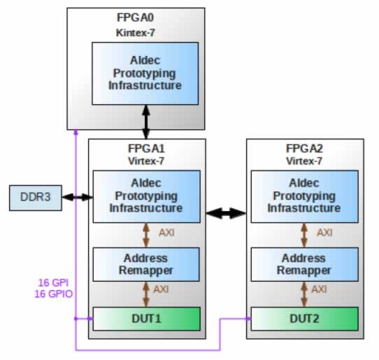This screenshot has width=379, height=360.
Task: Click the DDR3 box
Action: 36,198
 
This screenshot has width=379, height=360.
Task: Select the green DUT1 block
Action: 146,319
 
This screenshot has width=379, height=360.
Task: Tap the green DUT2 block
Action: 305,319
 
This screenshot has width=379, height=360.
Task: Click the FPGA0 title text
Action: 135,17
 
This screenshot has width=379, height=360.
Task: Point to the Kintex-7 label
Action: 136,33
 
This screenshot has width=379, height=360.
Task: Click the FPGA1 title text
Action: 146,148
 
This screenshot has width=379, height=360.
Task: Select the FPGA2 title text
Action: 304,148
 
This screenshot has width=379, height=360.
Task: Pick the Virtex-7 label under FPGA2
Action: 304,161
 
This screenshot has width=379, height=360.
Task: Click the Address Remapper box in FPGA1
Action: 146,264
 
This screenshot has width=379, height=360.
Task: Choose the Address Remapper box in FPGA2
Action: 305,264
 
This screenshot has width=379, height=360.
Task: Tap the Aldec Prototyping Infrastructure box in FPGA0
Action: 145,73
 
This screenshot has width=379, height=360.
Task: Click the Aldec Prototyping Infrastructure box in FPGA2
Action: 305,196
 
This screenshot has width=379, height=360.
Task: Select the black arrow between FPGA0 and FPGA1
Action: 146,122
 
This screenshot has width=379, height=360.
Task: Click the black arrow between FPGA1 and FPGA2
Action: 226,213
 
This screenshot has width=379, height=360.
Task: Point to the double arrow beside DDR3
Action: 78,197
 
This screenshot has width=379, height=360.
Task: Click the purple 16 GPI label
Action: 53,282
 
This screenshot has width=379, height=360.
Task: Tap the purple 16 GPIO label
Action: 53,294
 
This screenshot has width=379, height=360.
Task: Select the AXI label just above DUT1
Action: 161,289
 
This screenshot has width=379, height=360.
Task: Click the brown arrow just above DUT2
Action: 304,294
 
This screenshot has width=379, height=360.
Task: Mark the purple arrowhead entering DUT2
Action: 248,319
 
